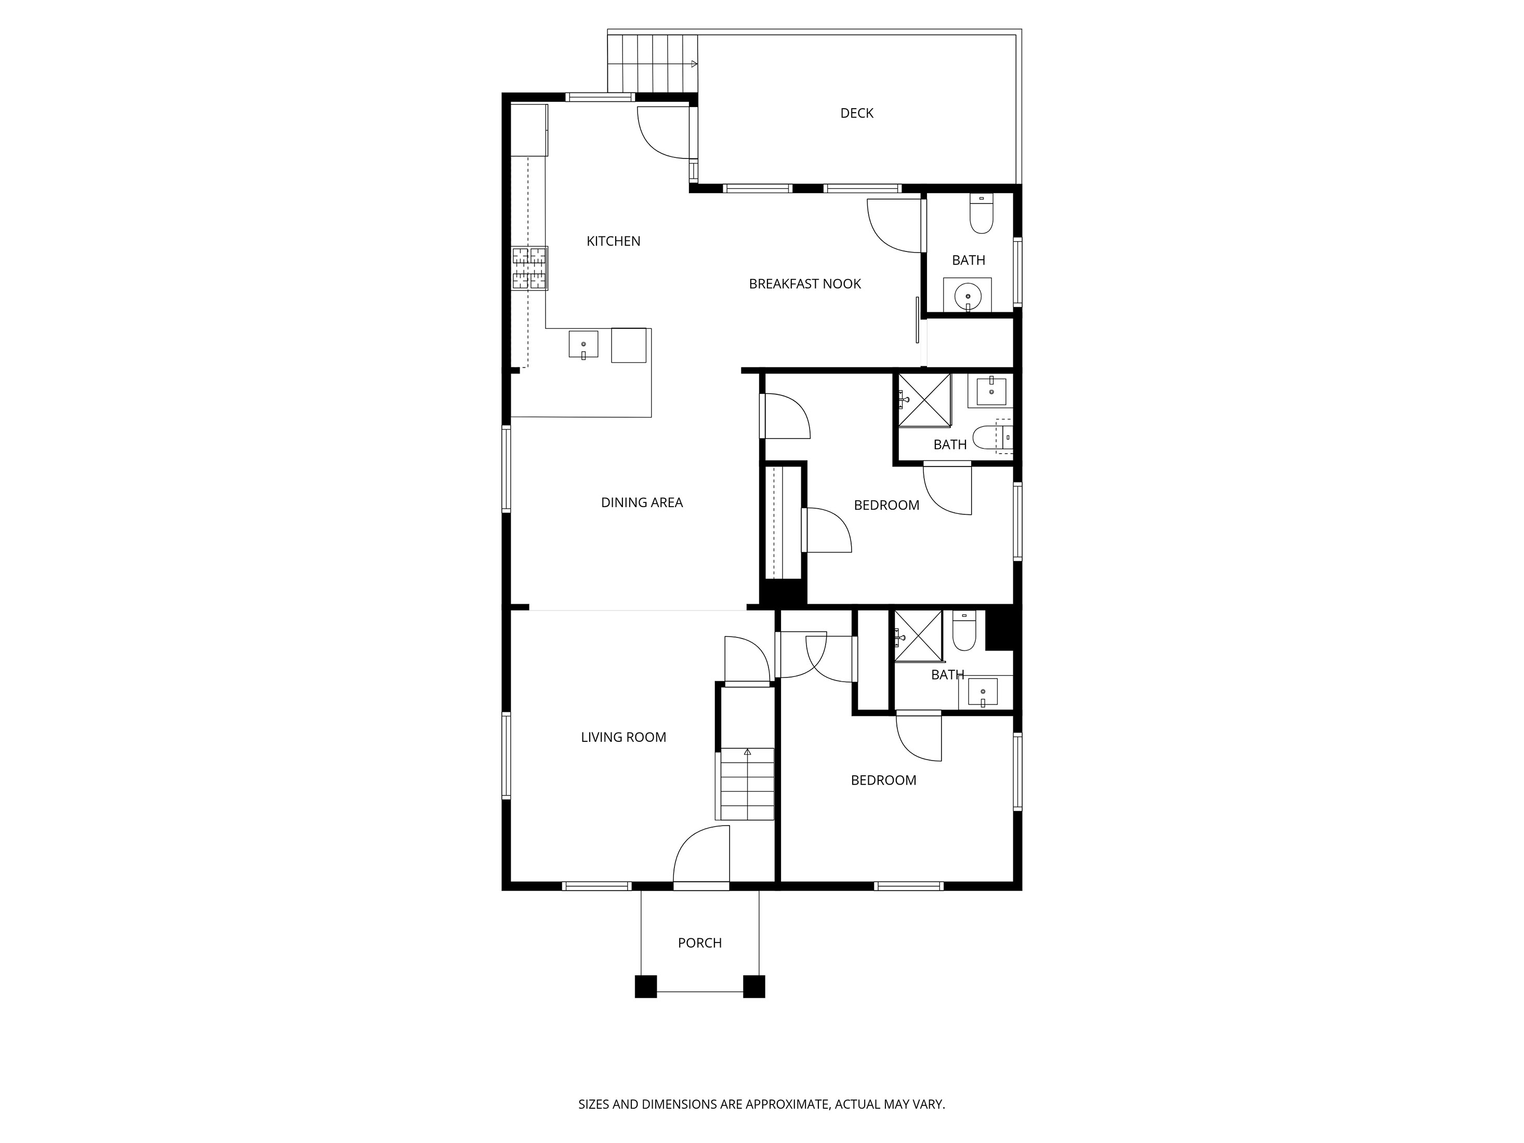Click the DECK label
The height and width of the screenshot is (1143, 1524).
pyautogui.click(x=856, y=113)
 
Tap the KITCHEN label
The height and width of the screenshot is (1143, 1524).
pyautogui.click(x=613, y=241)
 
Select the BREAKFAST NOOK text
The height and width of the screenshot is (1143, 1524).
pyautogui.click(x=805, y=284)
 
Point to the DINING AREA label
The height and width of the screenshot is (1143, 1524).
pyautogui.click(x=641, y=503)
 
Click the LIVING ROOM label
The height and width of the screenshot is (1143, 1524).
pyautogui.click(x=623, y=737)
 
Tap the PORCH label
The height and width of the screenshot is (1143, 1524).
pyautogui.click(x=699, y=943)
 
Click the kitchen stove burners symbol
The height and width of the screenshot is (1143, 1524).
pyautogui.click(x=529, y=268)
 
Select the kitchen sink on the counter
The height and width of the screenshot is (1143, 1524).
pyautogui.click(x=583, y=344)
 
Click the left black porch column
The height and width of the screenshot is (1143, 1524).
pyautogui.click(x=645, y=987)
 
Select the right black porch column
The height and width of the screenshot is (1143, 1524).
pyautogui.click(x=754, y=987)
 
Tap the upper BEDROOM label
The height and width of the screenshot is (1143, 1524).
pyautogui.click(x=886, y=506)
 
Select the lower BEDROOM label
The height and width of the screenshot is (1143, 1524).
pyautogui.click(x=883, y=780)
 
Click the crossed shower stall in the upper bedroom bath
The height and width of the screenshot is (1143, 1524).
pyautogui.click(x=923, y=400)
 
